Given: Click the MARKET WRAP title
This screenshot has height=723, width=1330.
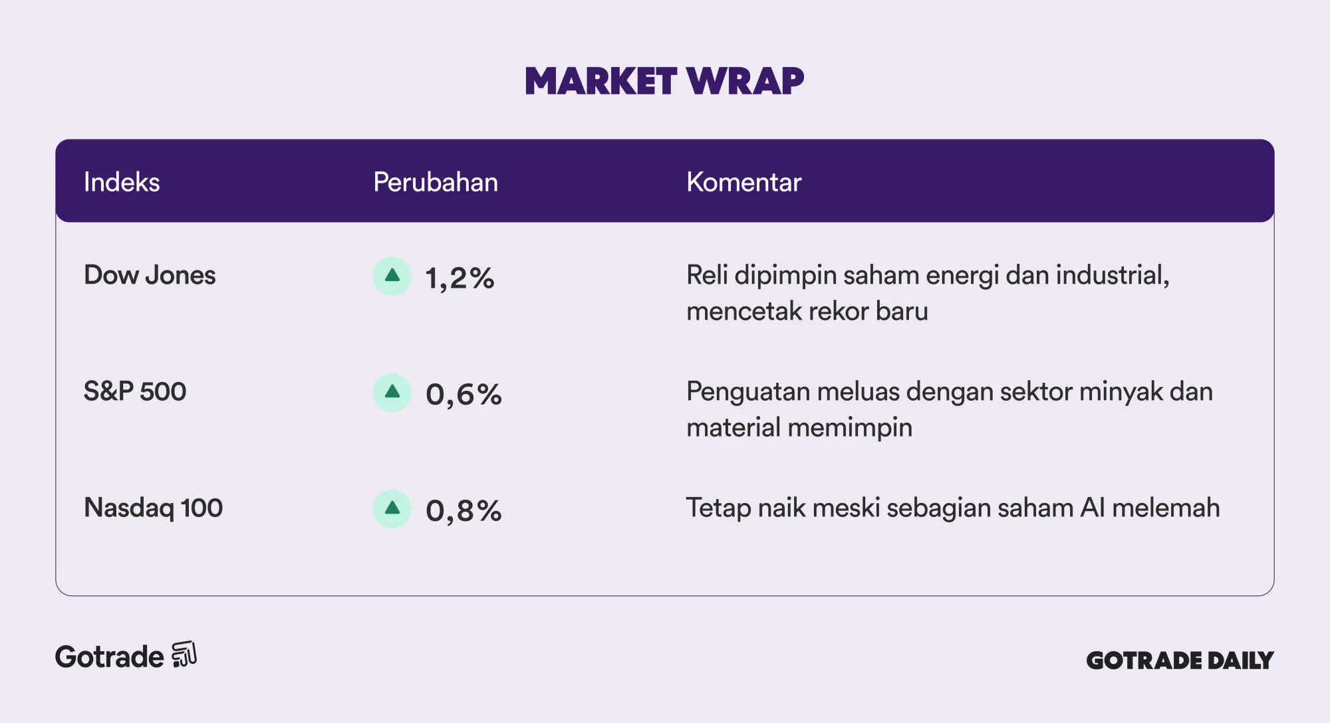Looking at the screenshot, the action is pos(664,81).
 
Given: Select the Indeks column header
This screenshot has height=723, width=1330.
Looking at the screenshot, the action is pos(122,182).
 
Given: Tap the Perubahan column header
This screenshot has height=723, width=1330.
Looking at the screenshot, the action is pos(436,182).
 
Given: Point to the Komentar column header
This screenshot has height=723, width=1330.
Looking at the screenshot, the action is pos(743,182).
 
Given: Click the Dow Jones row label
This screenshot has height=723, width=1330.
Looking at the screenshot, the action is pos(150,275).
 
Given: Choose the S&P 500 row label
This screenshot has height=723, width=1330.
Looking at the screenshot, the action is pos(135,391).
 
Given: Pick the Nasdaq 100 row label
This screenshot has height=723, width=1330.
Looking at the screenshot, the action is pos(153,508).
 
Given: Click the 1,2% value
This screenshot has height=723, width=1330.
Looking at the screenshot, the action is pos(460,278).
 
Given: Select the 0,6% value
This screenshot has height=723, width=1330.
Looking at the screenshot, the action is pos(464,394).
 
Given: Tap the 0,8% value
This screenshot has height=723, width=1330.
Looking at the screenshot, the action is pos(464,510).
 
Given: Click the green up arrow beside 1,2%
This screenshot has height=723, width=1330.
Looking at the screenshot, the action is pos(392,276).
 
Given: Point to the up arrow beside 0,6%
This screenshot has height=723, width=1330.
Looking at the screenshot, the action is pos(392,392).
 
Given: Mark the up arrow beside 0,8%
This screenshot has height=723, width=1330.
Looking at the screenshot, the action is pos(392,508).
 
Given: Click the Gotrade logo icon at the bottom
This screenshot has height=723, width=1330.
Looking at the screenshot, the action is pos(184,655).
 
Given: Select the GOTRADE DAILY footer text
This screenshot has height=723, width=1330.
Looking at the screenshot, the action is pos(1180,660).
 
